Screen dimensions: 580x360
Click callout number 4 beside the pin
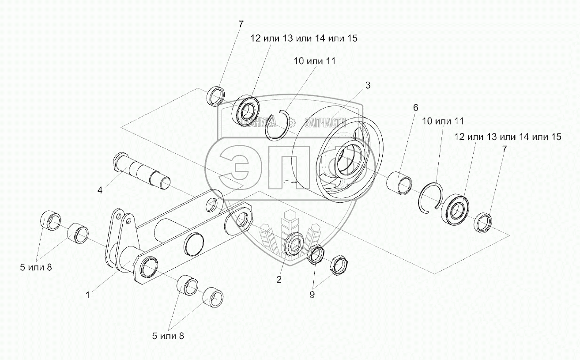tap(100, 190)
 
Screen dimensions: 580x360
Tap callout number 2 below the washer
tap(279, 280)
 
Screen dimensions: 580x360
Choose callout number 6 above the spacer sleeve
tap(415, 107)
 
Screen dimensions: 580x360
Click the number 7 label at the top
tap(241, 24)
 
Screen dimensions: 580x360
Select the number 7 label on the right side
tap(505, 149)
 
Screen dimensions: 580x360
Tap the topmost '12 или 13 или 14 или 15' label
tap(304, 38)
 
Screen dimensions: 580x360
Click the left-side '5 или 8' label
tap(36, 267)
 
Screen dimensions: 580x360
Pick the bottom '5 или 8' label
tap(168, 336)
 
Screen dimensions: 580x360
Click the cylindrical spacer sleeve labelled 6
tap(400, 183)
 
